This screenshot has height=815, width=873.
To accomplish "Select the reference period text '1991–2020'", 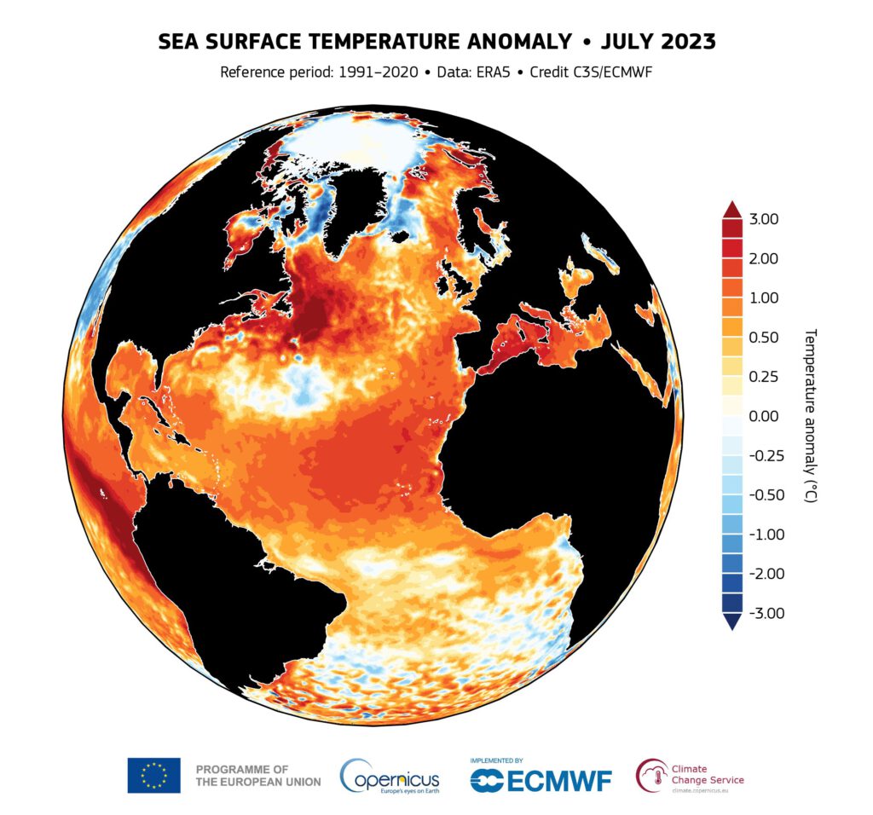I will pos(379,72).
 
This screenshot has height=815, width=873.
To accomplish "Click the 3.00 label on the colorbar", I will pos(763,219).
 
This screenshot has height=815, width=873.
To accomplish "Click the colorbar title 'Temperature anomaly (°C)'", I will pos(811,415).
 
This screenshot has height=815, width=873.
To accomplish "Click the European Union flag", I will pos(153,775).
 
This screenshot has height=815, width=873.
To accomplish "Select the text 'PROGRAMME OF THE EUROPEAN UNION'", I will pos(257,775).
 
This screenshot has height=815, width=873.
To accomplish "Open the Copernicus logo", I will pos(390,776).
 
